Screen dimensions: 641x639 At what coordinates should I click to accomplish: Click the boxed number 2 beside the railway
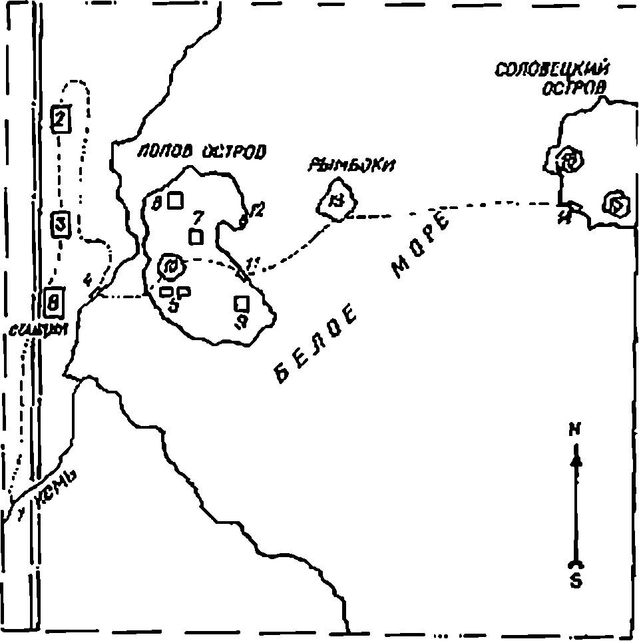point(61,119)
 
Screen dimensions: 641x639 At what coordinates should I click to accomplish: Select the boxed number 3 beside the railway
point(61,224)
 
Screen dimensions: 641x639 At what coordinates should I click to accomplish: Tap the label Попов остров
point(201,152)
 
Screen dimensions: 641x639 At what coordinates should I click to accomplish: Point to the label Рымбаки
point(351,165)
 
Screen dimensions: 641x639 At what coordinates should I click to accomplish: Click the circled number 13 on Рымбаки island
point(338,202)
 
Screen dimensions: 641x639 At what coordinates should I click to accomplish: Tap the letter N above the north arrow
point(574,430)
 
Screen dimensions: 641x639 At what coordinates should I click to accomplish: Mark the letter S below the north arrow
point(576,580)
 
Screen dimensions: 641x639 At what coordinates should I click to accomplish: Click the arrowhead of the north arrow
point(576,459)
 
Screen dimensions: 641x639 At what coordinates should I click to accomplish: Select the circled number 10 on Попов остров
point(170,268)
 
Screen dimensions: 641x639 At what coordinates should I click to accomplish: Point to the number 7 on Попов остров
point(197,218)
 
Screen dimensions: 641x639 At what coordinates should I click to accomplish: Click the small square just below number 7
point(196,236)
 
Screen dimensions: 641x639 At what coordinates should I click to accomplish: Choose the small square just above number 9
point(241,304)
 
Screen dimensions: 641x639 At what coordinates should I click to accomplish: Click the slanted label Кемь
point(55,491)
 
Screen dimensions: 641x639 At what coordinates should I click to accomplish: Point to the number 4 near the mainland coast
point(87,280)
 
